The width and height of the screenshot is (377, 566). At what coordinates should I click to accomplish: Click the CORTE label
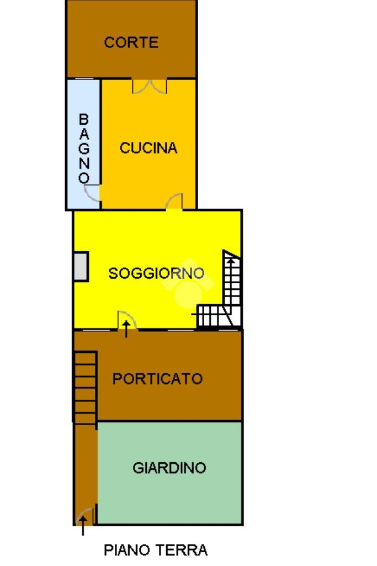point(131,43)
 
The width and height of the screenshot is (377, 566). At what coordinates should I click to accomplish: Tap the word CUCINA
point(148,148)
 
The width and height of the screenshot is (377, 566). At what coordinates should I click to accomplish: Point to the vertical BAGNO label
point(84,149)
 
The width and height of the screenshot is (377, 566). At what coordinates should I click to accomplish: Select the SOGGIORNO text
point(156,273)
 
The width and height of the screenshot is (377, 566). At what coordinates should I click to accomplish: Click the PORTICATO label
point(157,379)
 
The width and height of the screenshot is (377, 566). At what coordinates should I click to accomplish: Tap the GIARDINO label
point(169,468)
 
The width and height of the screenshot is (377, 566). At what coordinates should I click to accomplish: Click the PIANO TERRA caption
point(156,550)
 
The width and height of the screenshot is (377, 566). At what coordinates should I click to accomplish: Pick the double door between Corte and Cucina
point(150,86)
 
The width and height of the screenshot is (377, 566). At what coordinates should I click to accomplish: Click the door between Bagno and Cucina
point(92,193)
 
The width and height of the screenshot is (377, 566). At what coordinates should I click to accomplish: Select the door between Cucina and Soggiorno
point(174,201)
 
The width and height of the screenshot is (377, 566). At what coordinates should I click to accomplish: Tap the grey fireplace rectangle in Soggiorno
point(81,267)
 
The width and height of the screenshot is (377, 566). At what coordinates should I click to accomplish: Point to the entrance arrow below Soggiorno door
point(126,329)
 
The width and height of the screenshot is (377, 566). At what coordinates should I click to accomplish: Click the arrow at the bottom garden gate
point(83,526)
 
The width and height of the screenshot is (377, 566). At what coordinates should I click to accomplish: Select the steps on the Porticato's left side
point(86,387)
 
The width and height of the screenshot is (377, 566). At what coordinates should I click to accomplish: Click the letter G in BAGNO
point(84,149)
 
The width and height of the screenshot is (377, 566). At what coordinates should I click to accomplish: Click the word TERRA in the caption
point(182,550)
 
